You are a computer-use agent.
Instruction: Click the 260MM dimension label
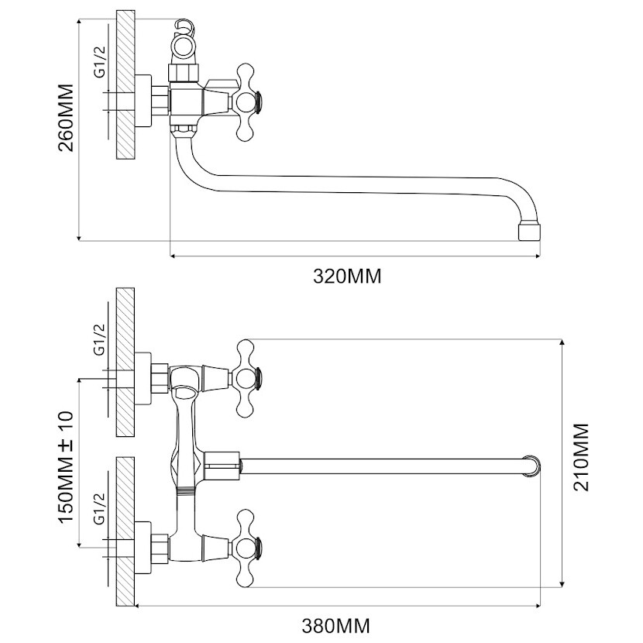pos(66,118)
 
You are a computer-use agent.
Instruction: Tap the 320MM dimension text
pos(347,277)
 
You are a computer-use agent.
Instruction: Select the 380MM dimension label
pos(336,626)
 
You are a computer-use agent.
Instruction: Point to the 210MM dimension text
pos(581,457)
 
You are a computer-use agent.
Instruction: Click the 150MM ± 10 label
pos(66,466)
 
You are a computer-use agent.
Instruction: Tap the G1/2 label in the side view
pos(100,61)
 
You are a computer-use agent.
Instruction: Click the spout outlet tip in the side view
pos(530,232)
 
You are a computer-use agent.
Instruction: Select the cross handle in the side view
pos(246,102)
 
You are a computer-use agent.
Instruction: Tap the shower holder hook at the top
pos(185,26)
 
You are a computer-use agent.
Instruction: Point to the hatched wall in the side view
pos(126,84)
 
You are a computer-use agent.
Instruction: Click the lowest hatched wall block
pos(126,531)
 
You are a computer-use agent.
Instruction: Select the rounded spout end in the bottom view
pos(533,466)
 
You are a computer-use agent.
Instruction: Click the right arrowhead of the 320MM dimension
pos(537,256)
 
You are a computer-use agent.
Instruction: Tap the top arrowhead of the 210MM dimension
pos(562,342)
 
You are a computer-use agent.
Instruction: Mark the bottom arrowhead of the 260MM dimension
pos(79,237)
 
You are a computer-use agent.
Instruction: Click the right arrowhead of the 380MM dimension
pos(537,606)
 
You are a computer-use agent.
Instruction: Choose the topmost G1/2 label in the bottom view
pos(100,339)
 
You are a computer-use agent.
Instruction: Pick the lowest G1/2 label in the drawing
pos(100,509)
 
